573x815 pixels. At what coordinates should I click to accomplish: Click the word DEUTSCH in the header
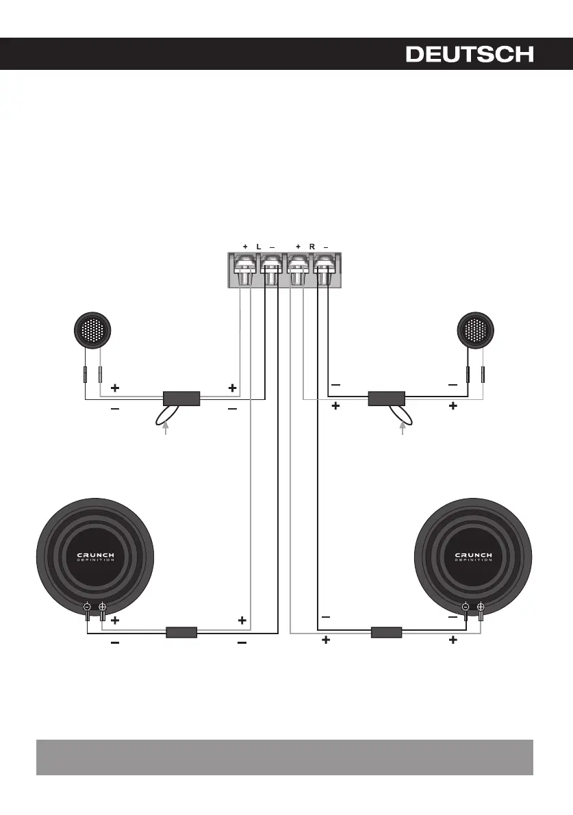pyautogui.click(x=470, y=54)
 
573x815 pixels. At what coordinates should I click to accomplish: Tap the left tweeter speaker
pyautogui.click(x=92, y=330)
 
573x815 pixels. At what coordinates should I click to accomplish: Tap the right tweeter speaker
pyautogui.click(x=475, y=330)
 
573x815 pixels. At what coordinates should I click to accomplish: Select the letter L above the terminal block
pyautogui.click(x=259, y=247)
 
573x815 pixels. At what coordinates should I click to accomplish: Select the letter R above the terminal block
pyautogui.click(x=311, y=247)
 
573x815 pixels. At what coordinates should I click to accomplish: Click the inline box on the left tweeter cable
pyautogui.click(x=181, y=399)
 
